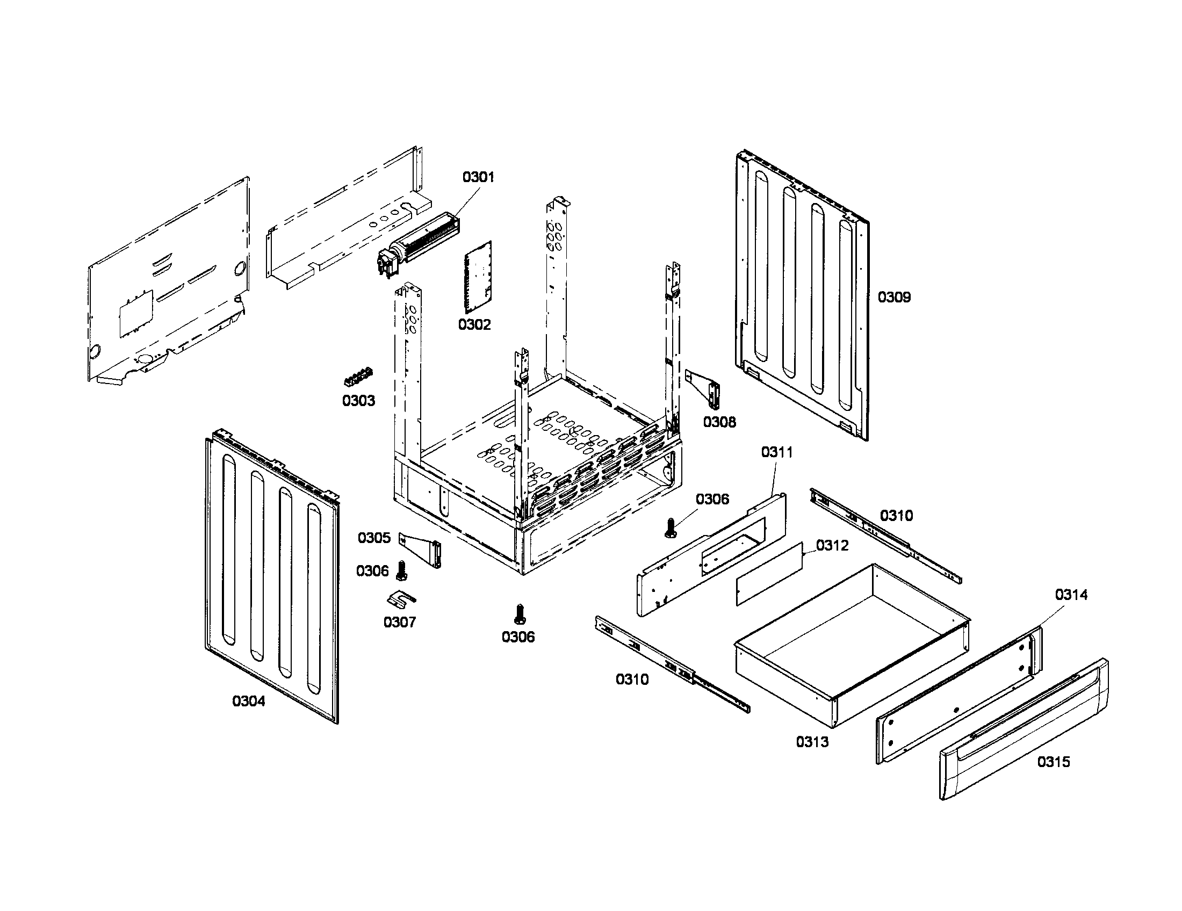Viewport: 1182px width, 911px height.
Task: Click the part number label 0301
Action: pyautogui.click(x=478, y=177)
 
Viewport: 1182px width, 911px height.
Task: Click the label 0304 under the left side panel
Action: pyautogui.click(x=249, y=701)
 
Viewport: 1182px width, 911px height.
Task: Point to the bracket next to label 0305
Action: pyautogui.click(x=422, y=549)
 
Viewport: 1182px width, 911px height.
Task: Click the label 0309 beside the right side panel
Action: pyautogui.click(x=894, y=297)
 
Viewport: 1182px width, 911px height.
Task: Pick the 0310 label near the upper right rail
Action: pyautogui.click(x=896, y=516)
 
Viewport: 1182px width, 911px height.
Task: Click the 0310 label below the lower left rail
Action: pyautogui.click(x=632, y=679)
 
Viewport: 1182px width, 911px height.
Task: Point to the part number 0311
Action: pyautogui.click(x=777, y=452)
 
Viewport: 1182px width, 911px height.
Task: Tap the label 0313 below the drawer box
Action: pyautogui.click(x=812, y=742)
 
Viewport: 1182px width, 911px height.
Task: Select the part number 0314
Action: pyautogui.click(x=1071, y=595)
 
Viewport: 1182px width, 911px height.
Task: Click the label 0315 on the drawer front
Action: pyautogui.click(x=1053, y=762)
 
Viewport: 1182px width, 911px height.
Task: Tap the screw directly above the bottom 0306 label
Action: pyautogui.click(x=520, y=614)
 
